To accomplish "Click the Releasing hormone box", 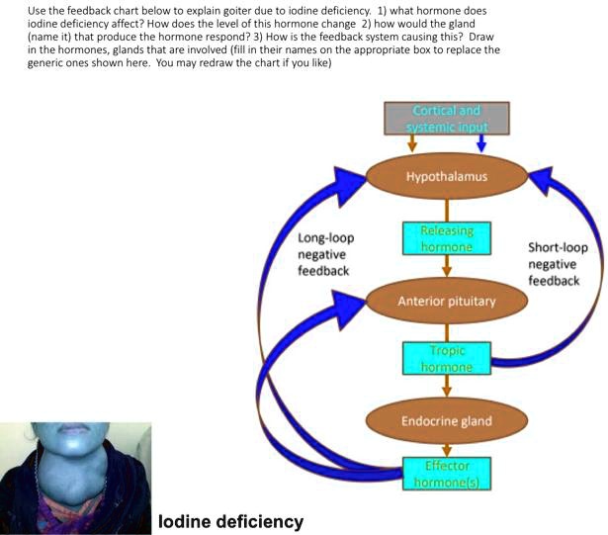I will (447, 238).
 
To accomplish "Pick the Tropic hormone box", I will (447, 358).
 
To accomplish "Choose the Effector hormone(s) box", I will (447, 473).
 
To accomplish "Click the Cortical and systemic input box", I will (447, 118).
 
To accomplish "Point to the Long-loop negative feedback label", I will (326, 254).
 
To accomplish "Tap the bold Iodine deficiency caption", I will (230, 521).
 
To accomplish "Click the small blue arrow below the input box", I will (480, 144).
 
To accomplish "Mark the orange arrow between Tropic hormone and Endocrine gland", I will (447, 387).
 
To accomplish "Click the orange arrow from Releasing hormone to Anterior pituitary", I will (447, 267).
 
